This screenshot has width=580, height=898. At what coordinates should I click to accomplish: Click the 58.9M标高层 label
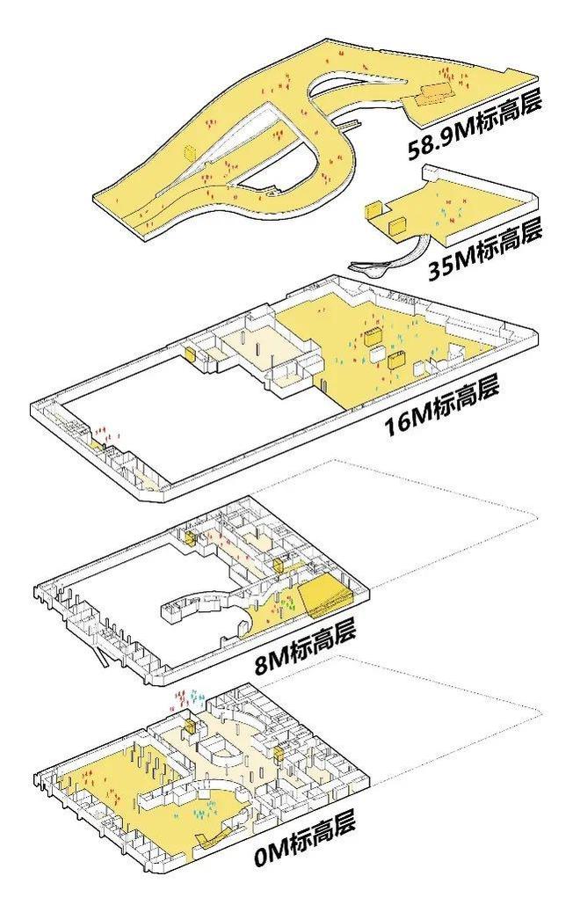point(475,126)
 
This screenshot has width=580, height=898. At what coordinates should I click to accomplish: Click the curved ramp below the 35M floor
point(395,258)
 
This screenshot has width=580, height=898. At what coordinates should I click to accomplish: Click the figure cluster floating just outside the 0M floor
point(189,698)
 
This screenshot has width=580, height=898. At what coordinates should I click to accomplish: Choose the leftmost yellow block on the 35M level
point(374,210)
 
